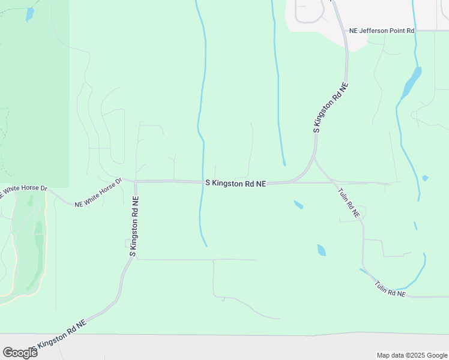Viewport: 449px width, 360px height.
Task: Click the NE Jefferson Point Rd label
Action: (x=382, y=30)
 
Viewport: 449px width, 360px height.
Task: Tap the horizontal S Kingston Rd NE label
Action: (x=235, y=183)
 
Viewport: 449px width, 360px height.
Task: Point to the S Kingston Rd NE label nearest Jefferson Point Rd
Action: (x=331, y=108)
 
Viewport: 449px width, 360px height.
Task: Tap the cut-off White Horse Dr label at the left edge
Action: (x=23, y=190)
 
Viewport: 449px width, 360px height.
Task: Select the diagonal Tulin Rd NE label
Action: (x=348, y=202)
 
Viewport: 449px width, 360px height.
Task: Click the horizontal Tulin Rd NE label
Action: (x=390, y=289)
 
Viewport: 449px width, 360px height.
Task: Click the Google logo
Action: (x=20, y=352)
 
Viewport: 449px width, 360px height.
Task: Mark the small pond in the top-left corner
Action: (x=30, y=14)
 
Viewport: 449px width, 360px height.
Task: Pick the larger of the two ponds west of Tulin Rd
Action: (x=321, y=250)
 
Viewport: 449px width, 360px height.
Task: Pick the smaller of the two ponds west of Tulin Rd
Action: (x=298, y=205)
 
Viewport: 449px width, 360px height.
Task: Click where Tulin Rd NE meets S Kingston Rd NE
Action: (x=315, y=159)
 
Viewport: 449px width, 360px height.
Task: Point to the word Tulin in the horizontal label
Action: (x=382, y=286)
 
